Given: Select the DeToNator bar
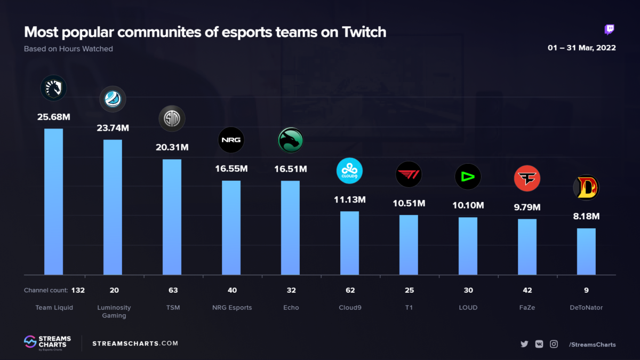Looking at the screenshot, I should click(586, 251).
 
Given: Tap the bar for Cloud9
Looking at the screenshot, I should click(349, 243).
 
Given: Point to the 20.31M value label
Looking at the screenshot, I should click(172, 147).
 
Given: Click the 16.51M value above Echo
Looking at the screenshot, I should click(290, 169).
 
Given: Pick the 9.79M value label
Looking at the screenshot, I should click(527, 207).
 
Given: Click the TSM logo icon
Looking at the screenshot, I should click(172, 118).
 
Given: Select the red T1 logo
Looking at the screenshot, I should click(409, 175).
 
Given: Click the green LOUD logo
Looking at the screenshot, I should click(468, 177).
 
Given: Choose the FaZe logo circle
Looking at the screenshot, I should click(527, 179).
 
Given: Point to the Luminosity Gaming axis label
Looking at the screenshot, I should click(114, 311).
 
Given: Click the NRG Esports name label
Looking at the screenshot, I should click(231, 308).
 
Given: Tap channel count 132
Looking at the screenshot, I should click(78, 291).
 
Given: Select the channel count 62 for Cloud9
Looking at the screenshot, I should click(349, 291).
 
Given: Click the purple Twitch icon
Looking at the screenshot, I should click(609, 30).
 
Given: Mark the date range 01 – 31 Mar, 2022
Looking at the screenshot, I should click(582, 48).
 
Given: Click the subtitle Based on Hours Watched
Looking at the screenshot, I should click(68, 49).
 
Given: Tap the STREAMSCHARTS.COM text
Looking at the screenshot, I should click(135, 343).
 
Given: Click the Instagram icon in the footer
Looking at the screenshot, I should click(554, 345).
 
